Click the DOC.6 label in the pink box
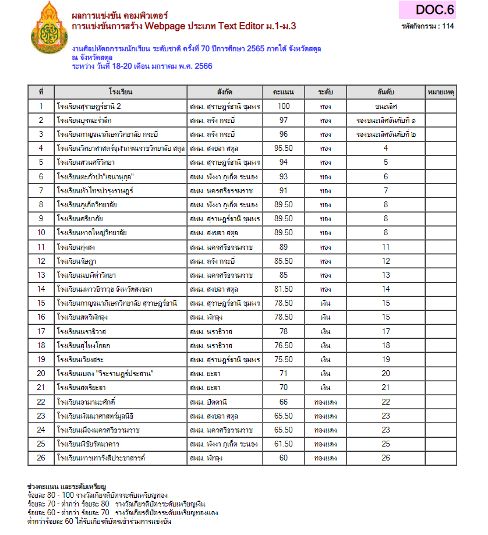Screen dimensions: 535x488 click(x=434, y=10)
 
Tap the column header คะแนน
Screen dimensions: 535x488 click(x=284, y=92)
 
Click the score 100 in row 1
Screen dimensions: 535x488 click(x=284, y=107)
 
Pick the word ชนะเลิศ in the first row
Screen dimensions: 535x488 click(x=386, y=107)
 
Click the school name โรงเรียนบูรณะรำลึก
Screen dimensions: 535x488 click(x=84, y=121)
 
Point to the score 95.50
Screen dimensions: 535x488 click(x=284, y=148)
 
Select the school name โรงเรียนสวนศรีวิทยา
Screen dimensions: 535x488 click(x=86, y=162)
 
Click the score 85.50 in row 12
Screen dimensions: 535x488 click(x=284, y=261)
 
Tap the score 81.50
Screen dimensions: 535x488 click(x=284, y=289)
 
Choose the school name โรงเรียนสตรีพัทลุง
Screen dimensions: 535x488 click(x=84, y=317)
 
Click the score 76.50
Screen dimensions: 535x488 click(x=284, y=345)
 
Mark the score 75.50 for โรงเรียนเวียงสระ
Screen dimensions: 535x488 click(x=284, y=359)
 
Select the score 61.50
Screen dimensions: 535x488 click(x=284, y=444)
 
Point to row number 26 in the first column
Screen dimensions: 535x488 click(x=41, y=458)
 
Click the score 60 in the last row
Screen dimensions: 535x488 click(x=284, y=458)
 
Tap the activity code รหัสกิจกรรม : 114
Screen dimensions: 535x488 click(x=428, y=26)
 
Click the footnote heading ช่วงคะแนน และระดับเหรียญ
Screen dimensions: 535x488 click(x=66, y=486)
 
